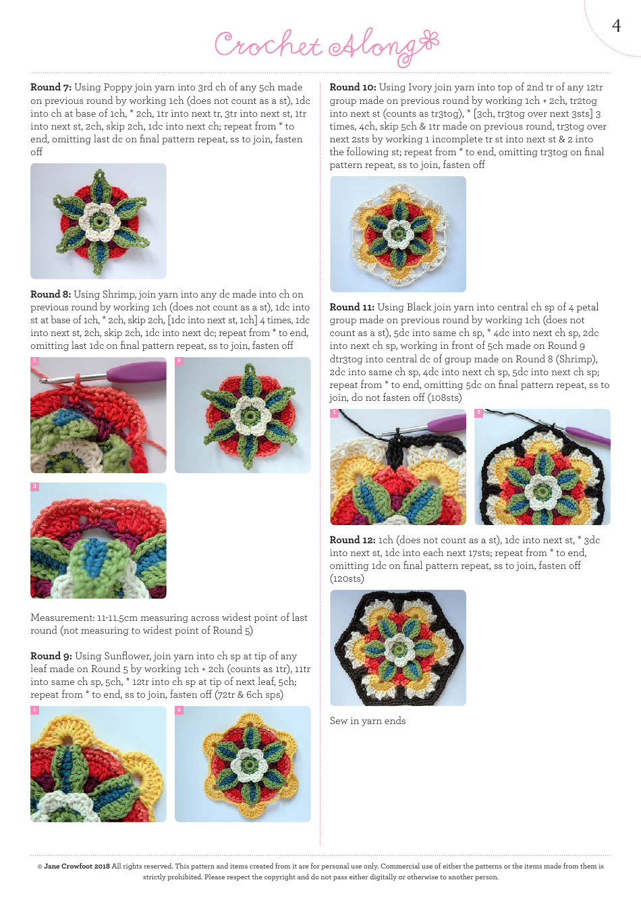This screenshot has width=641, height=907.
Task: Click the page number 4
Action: point(615,26)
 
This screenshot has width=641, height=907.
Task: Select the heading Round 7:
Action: point(51,87)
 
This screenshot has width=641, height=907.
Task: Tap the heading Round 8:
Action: point(51,294)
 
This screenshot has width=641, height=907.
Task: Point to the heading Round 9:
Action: point(51,656)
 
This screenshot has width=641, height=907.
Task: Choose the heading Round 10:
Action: point(352,87)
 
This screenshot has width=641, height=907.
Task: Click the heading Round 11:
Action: point(352,307)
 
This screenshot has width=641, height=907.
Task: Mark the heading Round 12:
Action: point(352,540)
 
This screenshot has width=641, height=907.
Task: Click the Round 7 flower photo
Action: point(99,221)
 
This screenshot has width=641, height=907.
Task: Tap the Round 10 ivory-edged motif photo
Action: point(397,234)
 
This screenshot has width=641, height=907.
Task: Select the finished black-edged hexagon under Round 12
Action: point(397,648)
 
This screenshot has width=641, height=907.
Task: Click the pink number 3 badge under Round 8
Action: point(34,487)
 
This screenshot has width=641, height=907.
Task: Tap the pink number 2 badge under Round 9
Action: point(179,710)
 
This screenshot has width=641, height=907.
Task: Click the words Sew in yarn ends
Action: point(368,721)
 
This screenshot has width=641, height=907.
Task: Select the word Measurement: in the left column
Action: point(62,617)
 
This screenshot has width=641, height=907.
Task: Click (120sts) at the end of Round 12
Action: point(347,578)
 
